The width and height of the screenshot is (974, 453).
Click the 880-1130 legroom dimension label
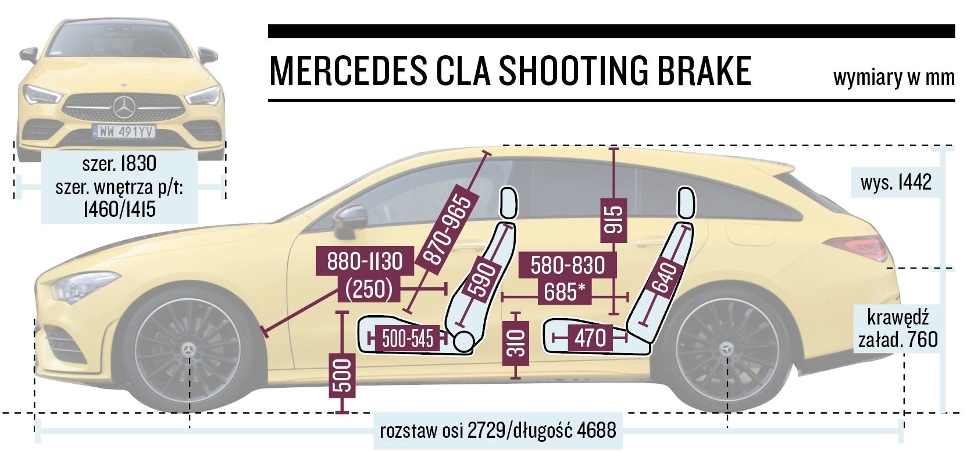[365, 261]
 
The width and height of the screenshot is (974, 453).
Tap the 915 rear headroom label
[614, 219]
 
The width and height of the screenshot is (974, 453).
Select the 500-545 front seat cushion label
[407, 338]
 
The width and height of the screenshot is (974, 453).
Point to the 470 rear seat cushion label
[590, 338]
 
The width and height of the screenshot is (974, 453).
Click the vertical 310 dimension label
[516, 343]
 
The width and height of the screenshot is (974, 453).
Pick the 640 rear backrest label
[665, 277]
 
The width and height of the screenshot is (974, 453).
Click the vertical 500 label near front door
[342, 376]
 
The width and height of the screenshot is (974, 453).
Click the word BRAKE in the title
[704, 72]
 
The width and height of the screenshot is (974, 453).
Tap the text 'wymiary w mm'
[893, 77]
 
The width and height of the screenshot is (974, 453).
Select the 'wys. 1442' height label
[895, 182]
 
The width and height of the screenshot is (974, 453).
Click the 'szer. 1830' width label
[119, 163]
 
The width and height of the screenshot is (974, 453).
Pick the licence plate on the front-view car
[124, 132]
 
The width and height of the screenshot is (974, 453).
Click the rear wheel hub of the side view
[726, 349]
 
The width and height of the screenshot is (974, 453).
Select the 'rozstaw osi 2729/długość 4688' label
[498, 431]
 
